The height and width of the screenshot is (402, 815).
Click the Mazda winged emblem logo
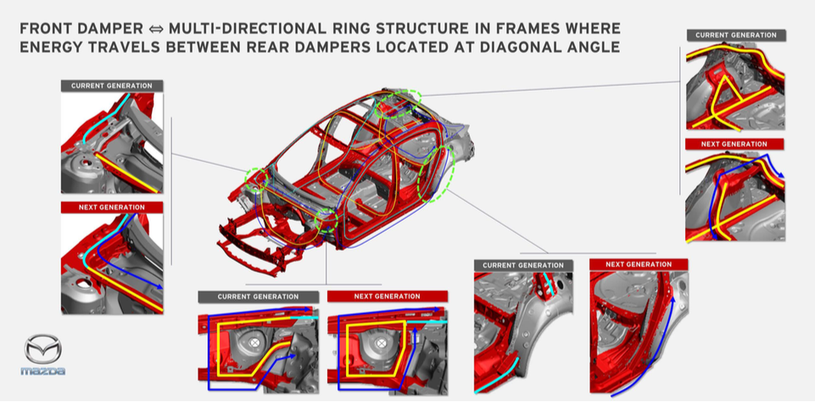(x=42, y=349)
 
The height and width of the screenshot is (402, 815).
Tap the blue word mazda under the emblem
(x=42, y=371)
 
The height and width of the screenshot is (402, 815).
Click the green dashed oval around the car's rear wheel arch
(x=436, y=174)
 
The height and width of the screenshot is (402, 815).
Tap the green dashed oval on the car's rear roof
(x=398, y=103)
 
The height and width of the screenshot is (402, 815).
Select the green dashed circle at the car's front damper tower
(x=257, y=180)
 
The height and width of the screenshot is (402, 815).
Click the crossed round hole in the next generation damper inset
(x=382, y=343)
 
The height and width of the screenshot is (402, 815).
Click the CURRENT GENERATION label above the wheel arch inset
(x=523, y=265)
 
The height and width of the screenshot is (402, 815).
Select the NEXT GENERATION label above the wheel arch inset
(x=639, y=265)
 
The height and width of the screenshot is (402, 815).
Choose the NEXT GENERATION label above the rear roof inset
(x=734, y=144)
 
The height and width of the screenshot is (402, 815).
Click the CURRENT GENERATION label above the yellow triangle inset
(x=735, y=36)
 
